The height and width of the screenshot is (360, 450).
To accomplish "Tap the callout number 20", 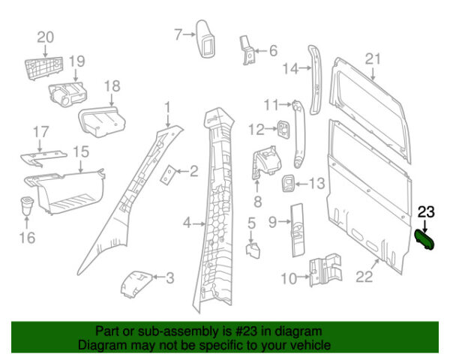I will click(45, 37).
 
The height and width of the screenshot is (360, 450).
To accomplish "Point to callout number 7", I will click(178, 34).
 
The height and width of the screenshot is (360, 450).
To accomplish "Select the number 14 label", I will click(290, 70).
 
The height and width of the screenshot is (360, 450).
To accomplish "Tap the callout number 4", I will click(187, 223).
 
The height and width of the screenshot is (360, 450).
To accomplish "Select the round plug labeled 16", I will click(26, 205).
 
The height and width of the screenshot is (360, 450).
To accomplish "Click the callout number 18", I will click(112, 86).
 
